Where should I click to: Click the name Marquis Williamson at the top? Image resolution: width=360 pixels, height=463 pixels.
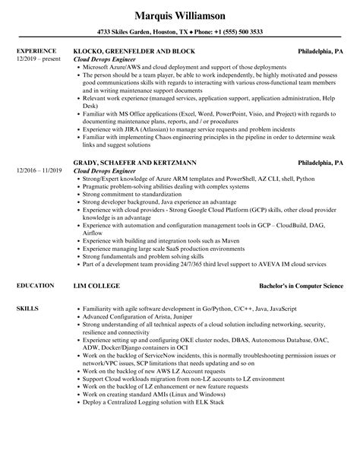click(x=180, y=14)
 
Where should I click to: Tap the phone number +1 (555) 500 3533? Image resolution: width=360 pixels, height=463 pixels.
click(x=241, y=32)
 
